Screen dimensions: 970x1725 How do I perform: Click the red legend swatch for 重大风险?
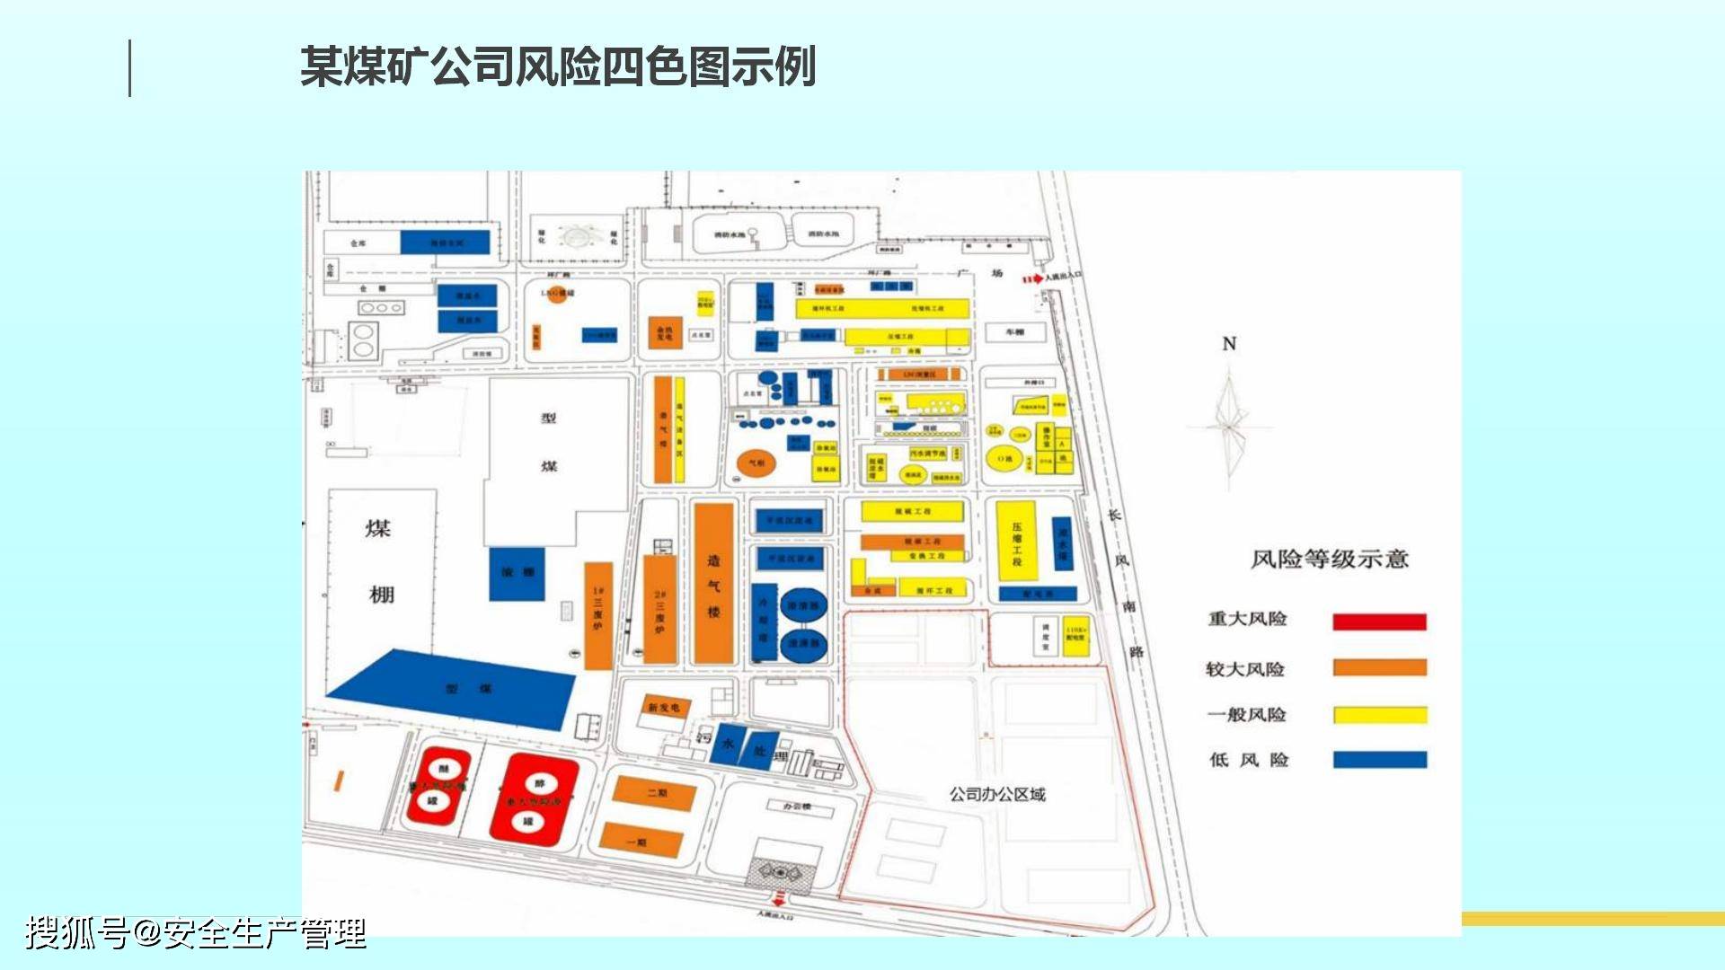1379,622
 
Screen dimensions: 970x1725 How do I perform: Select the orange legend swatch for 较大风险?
1379,667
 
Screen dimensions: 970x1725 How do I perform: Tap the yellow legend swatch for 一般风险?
1379,715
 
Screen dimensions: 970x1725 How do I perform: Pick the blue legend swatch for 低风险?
1379,760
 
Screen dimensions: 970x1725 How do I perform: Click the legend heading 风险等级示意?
1329,559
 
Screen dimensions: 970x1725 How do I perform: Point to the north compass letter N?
1229,344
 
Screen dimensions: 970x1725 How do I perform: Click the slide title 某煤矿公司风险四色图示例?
557,67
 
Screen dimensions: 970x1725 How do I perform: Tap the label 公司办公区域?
997,794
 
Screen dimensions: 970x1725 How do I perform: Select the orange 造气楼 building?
713,584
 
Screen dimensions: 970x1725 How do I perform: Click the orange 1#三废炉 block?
597,616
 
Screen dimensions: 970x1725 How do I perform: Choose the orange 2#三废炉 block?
659,611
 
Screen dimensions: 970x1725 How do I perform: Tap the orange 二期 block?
655,793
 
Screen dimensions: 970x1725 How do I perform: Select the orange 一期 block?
641,841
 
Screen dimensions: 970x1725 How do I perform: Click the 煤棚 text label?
379,560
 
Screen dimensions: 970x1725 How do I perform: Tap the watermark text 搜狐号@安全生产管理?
195,932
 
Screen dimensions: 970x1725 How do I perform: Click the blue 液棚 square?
517,573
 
